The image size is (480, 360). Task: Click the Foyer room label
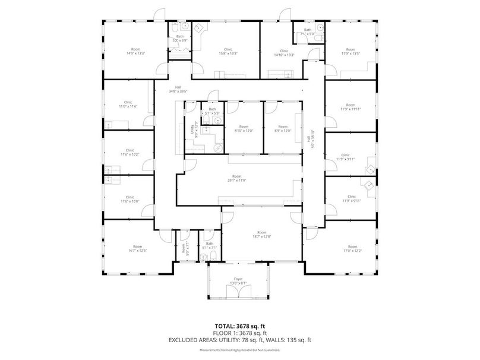point(238,277)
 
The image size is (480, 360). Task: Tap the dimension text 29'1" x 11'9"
point(237,180)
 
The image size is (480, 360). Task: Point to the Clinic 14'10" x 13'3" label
point(285,49)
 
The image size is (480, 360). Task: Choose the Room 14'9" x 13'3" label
point(136,49)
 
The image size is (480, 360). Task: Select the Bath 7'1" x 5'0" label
point(308,30)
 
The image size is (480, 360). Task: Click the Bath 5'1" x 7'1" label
point(209,243)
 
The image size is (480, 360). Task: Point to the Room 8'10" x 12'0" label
point(244,127)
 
